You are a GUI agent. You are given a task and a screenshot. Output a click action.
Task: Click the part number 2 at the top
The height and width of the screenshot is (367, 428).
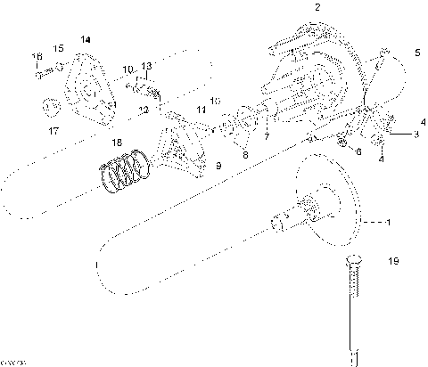pyautogui.click(x=317, y=7)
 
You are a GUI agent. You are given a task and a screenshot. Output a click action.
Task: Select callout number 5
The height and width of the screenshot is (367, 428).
pyautogui.click(x=416, y=53)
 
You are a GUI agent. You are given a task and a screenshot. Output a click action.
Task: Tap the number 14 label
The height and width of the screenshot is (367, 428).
pyautogui.click(x=86, y=39)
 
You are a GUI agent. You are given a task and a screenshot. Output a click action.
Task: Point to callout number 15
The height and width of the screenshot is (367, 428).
pyautogui.click(x=59, y=47)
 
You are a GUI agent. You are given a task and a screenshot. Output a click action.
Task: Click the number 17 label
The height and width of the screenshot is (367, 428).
pyautogui.click(x=53, y=131)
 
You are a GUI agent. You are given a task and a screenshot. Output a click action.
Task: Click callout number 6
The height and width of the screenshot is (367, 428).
pyautogui.click(x=358, y=152)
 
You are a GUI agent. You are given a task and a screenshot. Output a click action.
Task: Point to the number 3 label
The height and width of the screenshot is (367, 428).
pyautogui.click(x=416, y=135)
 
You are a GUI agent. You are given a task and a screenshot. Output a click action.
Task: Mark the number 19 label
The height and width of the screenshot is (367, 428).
pyautogui.click(x=394, y=261)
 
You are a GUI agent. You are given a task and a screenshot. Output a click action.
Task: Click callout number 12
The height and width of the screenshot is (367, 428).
pyautogui.click(x=143, y=110)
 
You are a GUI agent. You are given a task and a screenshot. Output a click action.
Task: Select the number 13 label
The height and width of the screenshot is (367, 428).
pyautogui.click(x=147, y=67)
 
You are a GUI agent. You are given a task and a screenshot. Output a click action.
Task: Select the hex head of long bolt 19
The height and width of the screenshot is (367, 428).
pyautogui.click(x=350, y=264)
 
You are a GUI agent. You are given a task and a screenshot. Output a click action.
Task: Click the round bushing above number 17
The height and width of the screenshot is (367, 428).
pyautogui.click(x=51, y=108)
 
